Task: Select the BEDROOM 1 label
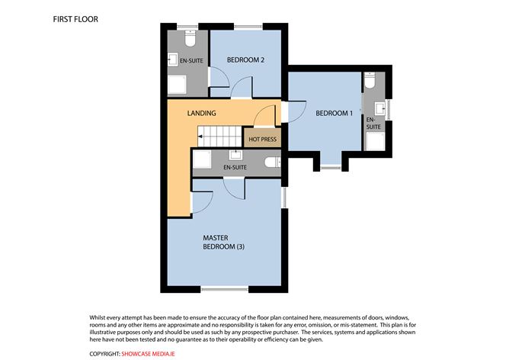(x=334, y=114)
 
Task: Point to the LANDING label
(x=202, y=114)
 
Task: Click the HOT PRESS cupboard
(x=261, y=139)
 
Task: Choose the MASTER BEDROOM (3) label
(x=223, y=243)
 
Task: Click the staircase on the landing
(x=219, y=137)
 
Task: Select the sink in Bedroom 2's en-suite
(x=173, y=59)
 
